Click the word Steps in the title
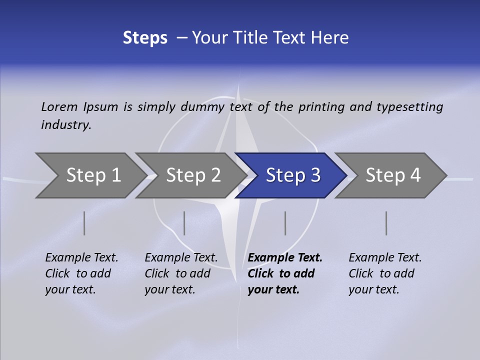[x=145, y=38]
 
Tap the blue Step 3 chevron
[x=292, y=175]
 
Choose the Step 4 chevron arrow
[x=392, y=175]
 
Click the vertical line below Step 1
[x=84, y=223]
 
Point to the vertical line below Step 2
[x=184, y=223]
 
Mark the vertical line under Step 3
[x=285, y=223]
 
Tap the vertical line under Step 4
[x=386, y=223]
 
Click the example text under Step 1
[x=81, y=273]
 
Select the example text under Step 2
[x=180, y=273]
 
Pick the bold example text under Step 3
[x=284, y=273]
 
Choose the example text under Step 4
[x=384, y=273]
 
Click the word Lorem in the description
[x=59, y=107]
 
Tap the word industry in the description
[x=66, y=125]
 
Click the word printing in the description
[x=321, y=107]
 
